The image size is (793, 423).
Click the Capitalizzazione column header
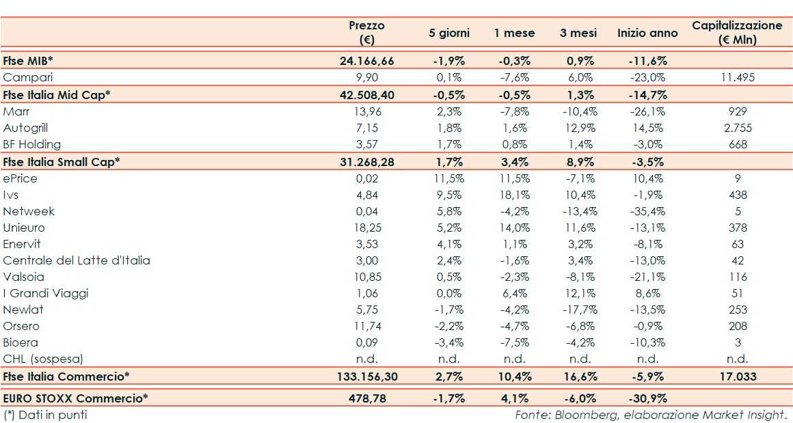click(737, 32)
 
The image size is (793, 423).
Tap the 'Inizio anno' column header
click(647, 33)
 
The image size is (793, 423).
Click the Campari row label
click(28, 77)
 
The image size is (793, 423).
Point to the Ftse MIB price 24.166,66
click(366, 61)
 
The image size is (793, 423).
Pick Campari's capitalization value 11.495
click(737, 77)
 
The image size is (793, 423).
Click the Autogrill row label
click(26, 128)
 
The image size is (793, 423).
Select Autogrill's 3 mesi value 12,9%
click(580, 128)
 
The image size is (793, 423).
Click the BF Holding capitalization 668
click(737, 144)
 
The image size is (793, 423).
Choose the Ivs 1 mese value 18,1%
click(514, 195)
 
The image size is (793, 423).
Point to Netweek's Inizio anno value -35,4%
click(647, 211)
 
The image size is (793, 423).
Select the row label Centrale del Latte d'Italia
click(77, 260)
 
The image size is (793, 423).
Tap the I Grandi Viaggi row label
click(46, 293)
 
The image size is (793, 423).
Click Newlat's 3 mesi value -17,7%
click(580, 310)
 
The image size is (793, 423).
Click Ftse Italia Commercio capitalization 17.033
click(737, 376)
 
